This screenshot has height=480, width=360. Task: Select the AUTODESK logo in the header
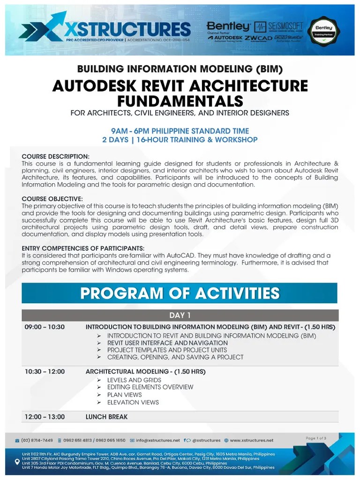224,37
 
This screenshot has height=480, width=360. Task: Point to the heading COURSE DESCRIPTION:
55,156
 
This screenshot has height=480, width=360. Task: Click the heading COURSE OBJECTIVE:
52,199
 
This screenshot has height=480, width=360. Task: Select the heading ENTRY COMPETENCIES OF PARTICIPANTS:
83,248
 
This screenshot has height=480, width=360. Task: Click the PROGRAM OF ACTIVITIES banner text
180,293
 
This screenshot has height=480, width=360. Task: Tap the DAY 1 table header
180,315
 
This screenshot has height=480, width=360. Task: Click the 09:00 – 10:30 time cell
45,327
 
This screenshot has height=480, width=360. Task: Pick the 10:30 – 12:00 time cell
45,371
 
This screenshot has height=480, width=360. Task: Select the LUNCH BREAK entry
106,416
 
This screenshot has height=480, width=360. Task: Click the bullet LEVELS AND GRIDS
134,380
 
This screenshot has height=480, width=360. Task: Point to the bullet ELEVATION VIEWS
133,402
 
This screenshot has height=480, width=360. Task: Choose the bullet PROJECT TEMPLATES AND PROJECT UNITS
167,350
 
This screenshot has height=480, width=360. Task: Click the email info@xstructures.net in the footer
157,440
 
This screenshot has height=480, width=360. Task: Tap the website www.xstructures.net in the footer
251,440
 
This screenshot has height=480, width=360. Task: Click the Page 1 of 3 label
316,438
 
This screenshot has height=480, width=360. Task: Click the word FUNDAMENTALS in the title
180,101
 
